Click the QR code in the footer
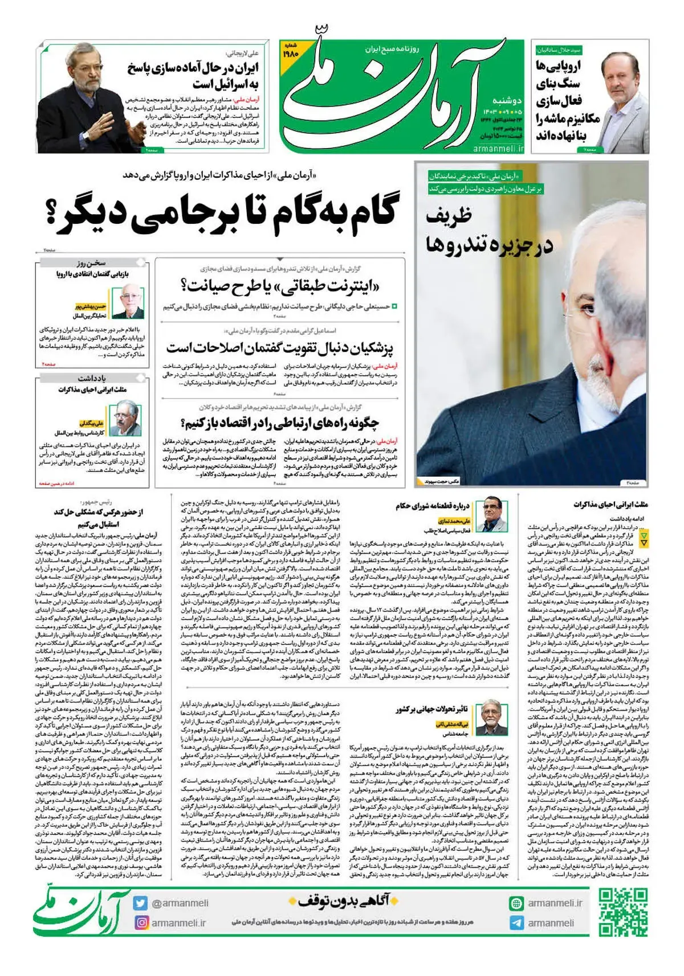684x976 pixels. pyautogui.click(x=623, y=912)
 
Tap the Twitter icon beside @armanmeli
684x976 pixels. pyautogui.click(x=140, y=903)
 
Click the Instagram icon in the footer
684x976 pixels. pyautogui.click(x=140, y=922)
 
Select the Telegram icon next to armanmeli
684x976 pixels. pyautogui.click(x=516, y=922)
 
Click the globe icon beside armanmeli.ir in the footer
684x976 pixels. pyautogui.click(x=516, y=903)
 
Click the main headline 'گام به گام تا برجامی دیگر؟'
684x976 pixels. pyautogui.click(x=226, y=216)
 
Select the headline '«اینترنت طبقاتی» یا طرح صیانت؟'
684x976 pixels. pyautogui.click(x=280, y=285)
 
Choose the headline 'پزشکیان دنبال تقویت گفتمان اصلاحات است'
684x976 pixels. pyautogui.click(x=280, y=347)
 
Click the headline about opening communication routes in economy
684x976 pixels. pyautogui.click(x=280, y=423)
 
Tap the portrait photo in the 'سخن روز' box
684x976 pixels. pyautogui.click(x=128, y=302)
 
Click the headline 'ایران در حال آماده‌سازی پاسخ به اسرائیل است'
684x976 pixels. pyautogui.click(x=194, y=76)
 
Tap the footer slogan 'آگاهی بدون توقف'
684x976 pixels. pyautogui.click(x=342, y=901)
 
